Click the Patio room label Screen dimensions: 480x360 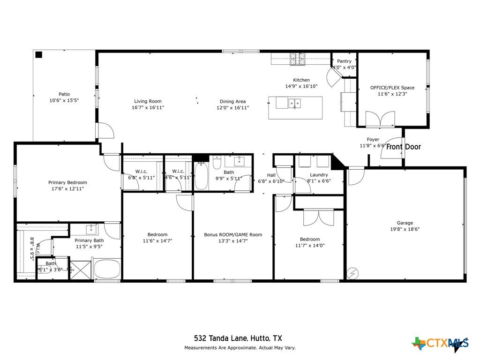coord(64,94)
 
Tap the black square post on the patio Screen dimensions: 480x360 coord(38,55)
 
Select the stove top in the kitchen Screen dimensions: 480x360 coord(298,59)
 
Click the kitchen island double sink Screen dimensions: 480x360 coord(294,103)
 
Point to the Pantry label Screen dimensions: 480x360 coord(344,61)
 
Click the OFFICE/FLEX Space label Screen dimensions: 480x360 coord(392,88)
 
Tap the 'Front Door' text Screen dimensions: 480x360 coord(404,147)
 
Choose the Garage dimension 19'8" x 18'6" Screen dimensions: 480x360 coord(405,229)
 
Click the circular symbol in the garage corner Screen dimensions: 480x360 coord(352,273)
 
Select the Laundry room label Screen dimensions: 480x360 coord(319,175)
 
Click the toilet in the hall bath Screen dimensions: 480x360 coord(217,163)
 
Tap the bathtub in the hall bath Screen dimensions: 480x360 coord(202,176)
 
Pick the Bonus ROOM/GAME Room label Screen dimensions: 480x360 coord(233,235)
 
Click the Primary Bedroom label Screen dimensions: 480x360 coord(67,182)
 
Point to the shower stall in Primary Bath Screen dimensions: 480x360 coord(81,270)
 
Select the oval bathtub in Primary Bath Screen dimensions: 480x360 coord(107,269)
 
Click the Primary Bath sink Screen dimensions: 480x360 coord(91,229)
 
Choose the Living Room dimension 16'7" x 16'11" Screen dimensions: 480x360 coord(148,107)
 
